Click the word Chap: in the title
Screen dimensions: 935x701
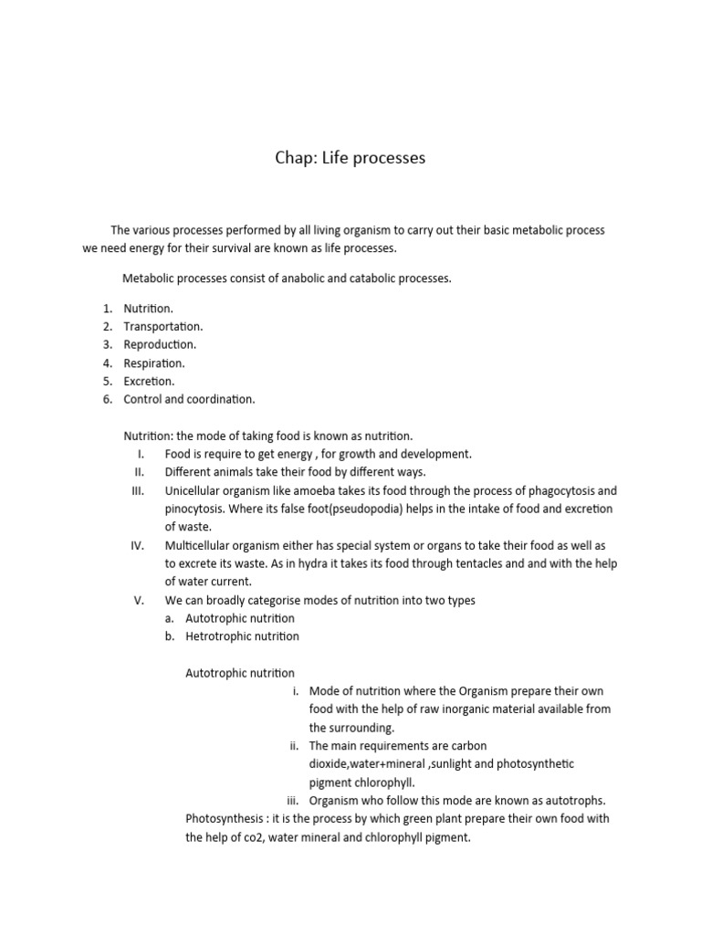pos(297,159)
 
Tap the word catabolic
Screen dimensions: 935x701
pos(362,278)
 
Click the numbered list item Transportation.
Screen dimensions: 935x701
pos(163,326)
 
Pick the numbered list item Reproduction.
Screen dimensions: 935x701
pos(160,344)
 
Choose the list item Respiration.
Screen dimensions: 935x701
pos(154,362)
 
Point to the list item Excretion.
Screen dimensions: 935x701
pos(149,381)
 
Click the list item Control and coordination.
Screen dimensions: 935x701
pos(189,399)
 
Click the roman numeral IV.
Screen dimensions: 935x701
pos(138,545)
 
